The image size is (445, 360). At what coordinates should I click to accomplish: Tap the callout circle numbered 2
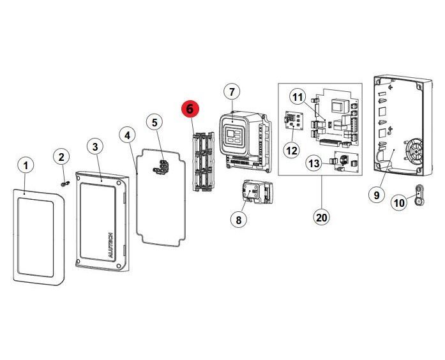pyautogui.click(x=61, y=157)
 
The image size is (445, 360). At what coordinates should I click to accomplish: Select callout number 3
pyautogui.click(x=95, y=147)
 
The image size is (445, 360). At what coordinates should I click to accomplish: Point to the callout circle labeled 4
pyautogui.click(x=128, y=135)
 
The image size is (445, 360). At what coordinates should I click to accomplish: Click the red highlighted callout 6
pyautogui.click(x=190, y=110)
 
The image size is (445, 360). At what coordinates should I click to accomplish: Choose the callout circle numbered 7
pyautogui.click(x=230, y=92)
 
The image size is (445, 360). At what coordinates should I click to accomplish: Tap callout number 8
pyautogui.click(x=238, y=220)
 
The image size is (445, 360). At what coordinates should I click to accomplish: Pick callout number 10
pyautogui.click(x=399, y=204)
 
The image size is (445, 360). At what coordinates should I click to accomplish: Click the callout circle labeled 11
pyautogui.click(x=298, y=97)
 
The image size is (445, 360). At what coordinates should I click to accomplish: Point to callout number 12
pyautogui.click(x=291, y=151)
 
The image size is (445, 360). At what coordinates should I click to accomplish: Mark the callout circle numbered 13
pyautogui.click(x=313, y=164)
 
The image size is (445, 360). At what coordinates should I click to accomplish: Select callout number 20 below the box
pyautogui.click(x=321, y=217)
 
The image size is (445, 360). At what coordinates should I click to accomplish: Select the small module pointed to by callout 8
pyautogui.click(x=255, y=192)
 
